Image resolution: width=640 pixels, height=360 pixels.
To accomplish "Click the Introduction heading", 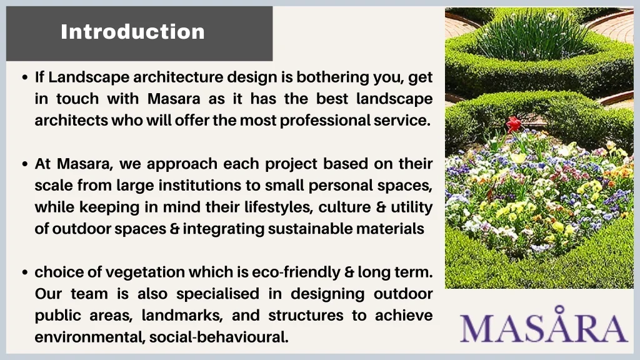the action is point(132,32).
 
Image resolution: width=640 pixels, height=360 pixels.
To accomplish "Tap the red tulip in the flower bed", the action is point(514,124).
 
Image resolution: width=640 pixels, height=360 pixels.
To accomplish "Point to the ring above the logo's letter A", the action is point(559,309).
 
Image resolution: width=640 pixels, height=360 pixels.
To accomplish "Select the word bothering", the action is point(332,77).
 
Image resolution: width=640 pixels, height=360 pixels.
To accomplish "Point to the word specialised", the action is point(217,294).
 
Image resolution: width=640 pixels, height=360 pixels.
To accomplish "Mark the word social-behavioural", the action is point(219,337).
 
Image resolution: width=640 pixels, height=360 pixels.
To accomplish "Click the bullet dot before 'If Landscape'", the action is point(25,77).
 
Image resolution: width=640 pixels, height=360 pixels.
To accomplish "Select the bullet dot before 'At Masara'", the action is point(25,164).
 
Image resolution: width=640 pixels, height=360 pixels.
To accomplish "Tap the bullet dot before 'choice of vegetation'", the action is point(25,272).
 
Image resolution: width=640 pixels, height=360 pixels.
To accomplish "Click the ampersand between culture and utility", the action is point(381,207).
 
